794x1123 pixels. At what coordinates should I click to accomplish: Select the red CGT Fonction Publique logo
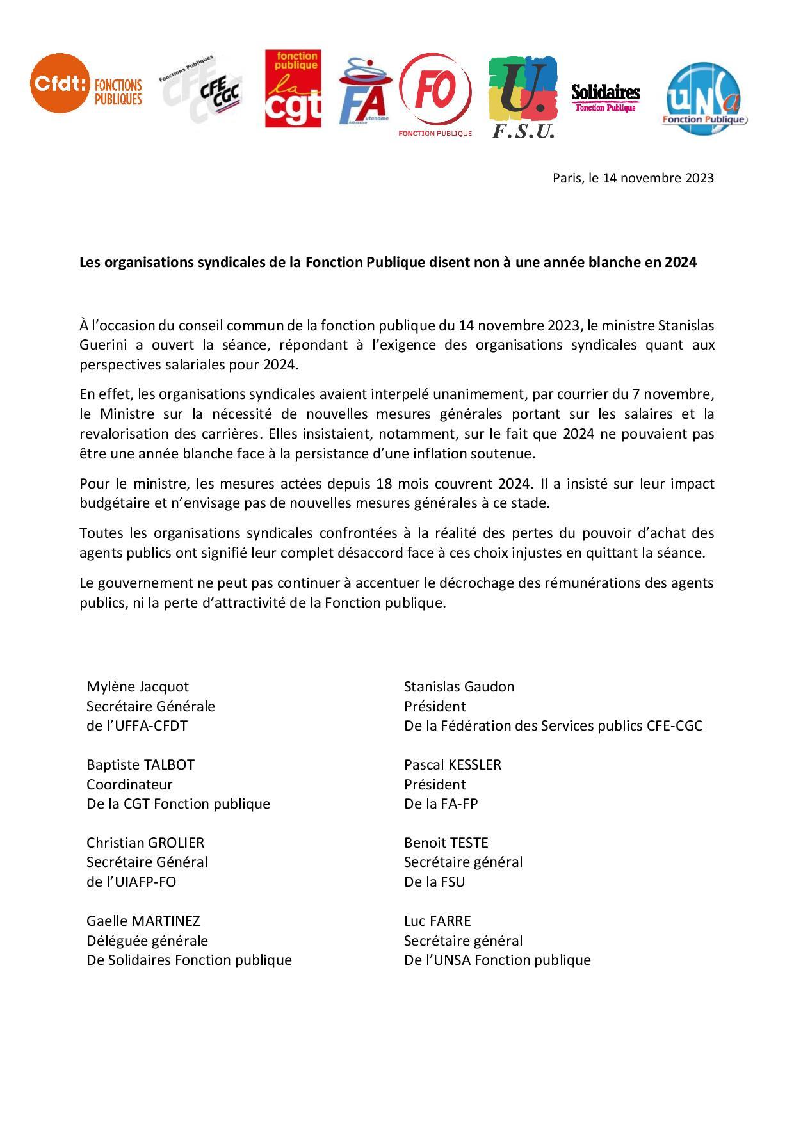293,90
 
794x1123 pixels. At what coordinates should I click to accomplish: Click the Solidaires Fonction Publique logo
605,97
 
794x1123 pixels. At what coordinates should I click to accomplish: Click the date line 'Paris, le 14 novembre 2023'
633,178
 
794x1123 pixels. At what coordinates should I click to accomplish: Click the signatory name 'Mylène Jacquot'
138,686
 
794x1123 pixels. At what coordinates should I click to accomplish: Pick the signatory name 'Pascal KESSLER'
453,764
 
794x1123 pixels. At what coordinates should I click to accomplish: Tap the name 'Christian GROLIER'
145,843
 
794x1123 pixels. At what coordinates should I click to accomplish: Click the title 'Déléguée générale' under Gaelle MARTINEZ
147,941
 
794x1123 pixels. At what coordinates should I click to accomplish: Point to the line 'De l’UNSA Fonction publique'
497,960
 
